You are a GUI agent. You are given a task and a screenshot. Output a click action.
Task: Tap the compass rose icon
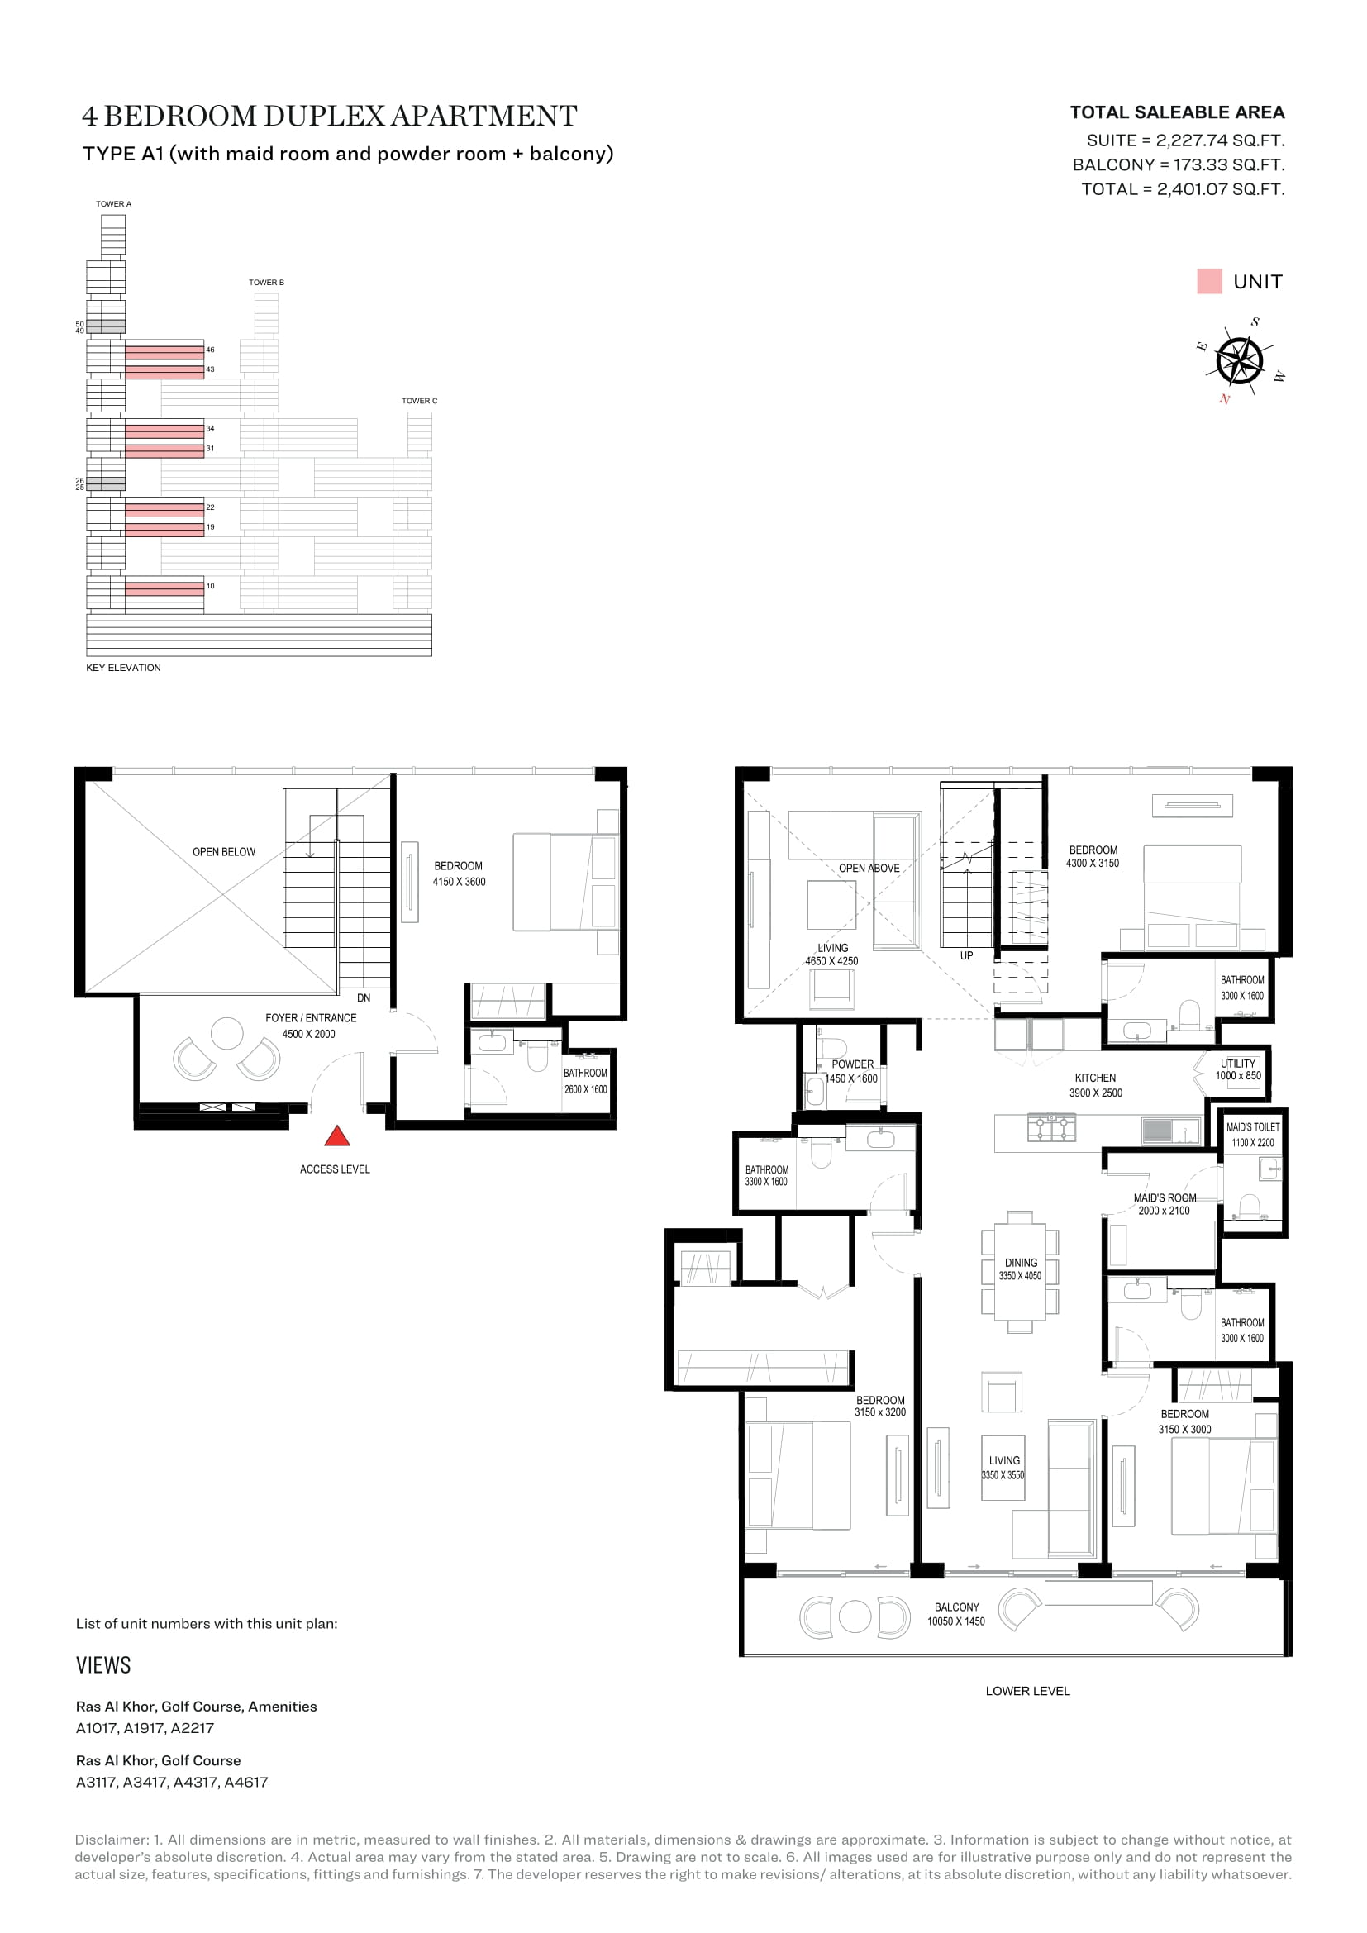click(1240, 359)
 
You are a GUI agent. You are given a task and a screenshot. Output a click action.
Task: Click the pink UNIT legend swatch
click(1209, 281)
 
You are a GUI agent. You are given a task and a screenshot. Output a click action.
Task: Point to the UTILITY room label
click(1237, 1064)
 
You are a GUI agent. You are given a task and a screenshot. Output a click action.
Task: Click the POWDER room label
click(853, 1064)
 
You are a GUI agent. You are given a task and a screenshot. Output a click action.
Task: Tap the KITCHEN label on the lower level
click(1095, 1078)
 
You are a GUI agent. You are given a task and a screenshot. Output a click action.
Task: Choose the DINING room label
click(1021, 1263)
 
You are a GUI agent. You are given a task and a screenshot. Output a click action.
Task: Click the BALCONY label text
click(957, 1607)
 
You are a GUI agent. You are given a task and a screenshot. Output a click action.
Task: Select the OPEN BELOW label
click(224, 852)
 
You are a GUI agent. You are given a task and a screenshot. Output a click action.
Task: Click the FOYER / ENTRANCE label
click(311, 1018)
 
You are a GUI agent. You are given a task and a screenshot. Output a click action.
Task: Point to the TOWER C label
click(419, 401)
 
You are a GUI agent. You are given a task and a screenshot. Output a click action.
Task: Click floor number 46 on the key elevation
click(211, 350)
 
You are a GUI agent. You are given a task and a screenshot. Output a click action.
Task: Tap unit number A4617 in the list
click(245, 1782)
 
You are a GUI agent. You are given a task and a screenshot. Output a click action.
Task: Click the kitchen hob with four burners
click(1051, 1128)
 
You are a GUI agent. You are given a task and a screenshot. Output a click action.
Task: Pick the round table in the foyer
click(227, 1033)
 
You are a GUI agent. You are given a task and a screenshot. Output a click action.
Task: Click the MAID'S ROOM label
click(1165, 1198)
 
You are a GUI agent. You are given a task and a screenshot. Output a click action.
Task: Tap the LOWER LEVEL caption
click(1028, 1691)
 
